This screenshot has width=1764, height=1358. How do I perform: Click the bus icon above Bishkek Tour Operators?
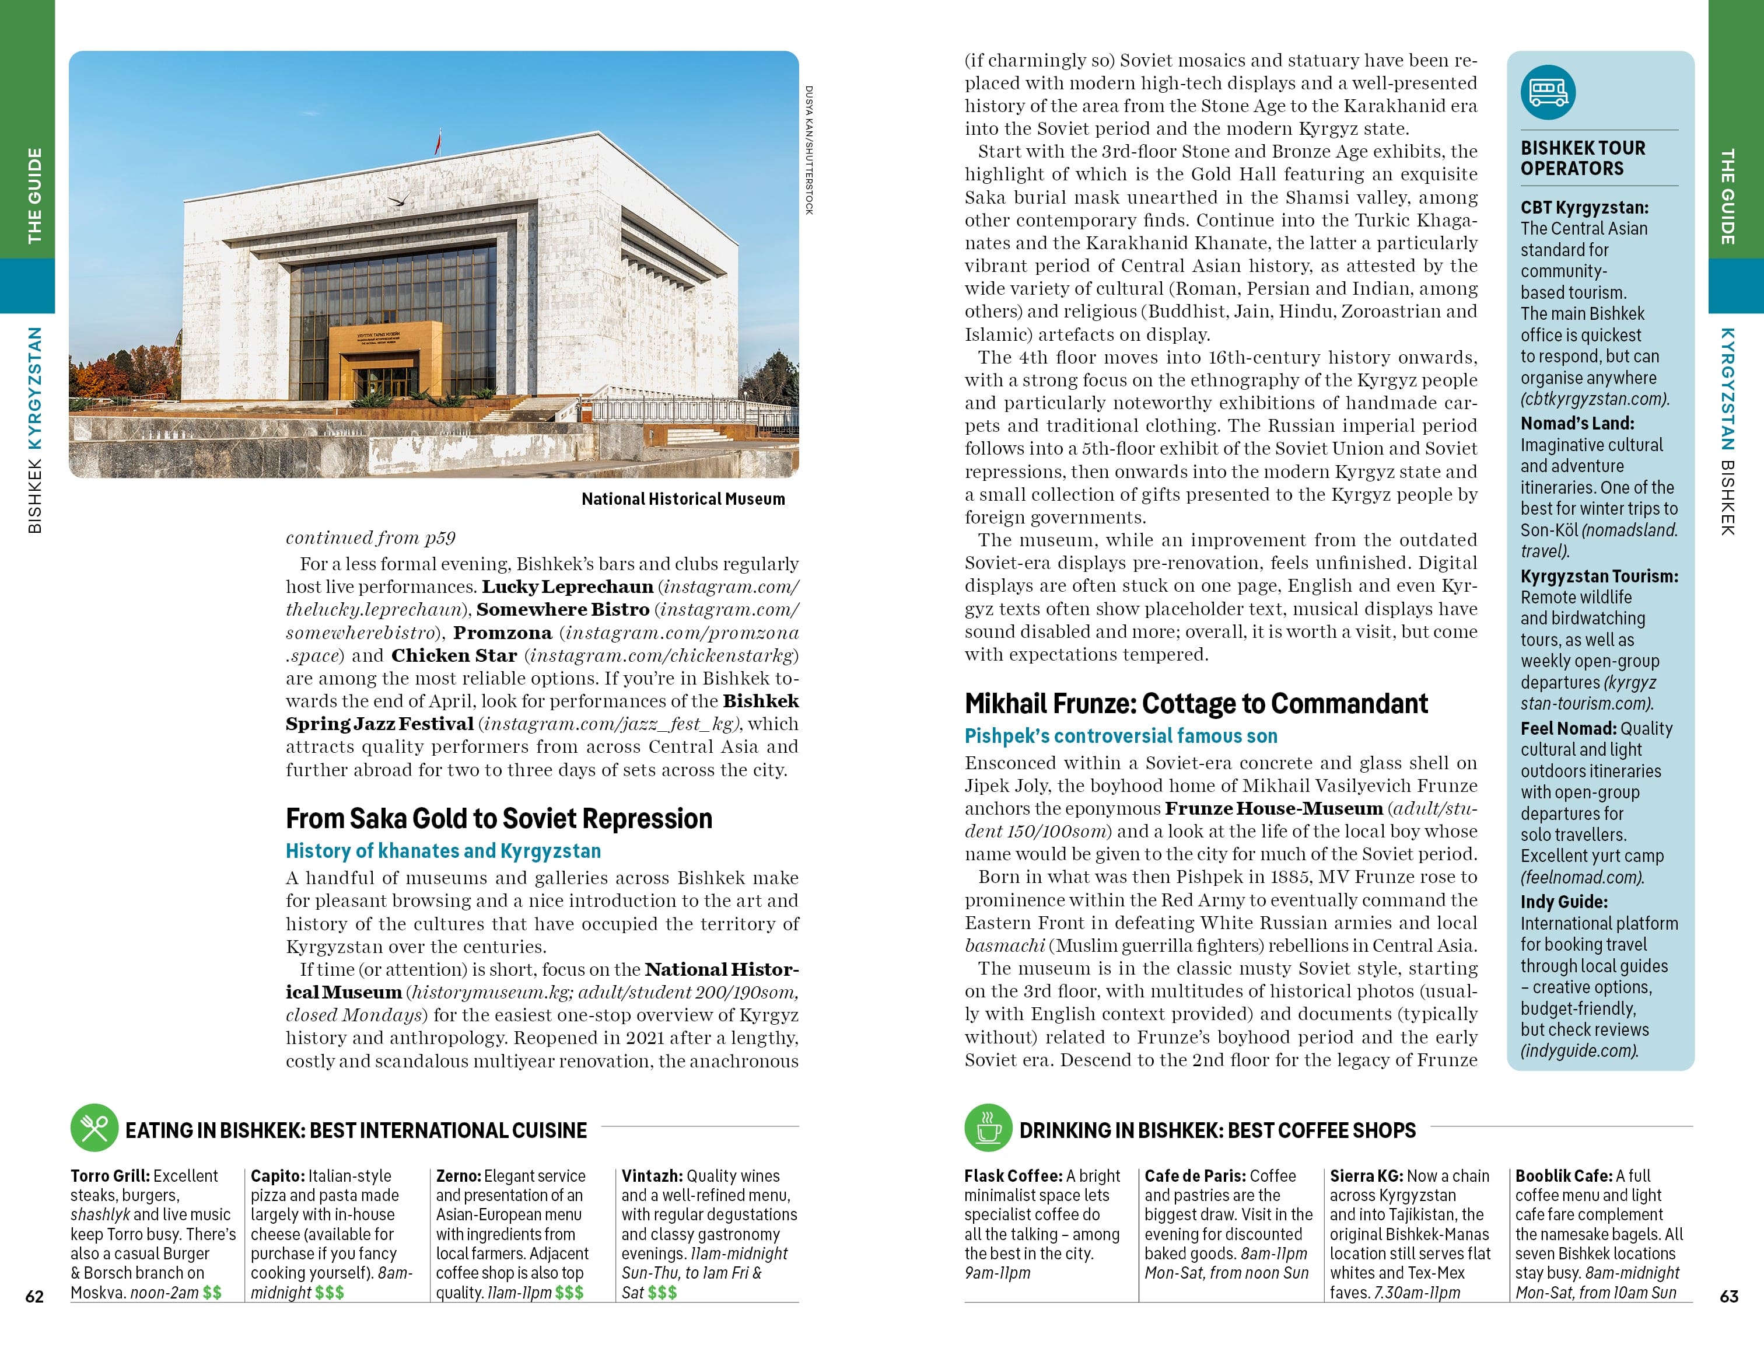[1548, 93]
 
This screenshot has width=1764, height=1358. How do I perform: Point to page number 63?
[1728, 1297]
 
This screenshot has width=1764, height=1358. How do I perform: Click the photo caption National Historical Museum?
[682, 499]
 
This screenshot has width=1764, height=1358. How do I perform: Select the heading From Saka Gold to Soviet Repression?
[498, 819]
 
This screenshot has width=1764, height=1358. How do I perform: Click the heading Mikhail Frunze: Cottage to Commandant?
[1195, 704]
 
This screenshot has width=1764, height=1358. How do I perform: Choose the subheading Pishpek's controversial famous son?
[1120, 736]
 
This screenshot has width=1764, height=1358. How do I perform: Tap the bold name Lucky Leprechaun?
[567, 587]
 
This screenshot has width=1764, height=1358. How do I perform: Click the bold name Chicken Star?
[454, 656]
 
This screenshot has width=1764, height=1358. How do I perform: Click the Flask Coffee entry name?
[1013, 1177]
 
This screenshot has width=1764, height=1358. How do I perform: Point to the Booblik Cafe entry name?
[1563, 1177]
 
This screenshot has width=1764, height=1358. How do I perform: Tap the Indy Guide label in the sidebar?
[1564, 902]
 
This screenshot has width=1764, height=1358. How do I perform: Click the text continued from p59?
[371, 538]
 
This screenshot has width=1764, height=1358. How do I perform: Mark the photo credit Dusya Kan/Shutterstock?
[808, 149]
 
